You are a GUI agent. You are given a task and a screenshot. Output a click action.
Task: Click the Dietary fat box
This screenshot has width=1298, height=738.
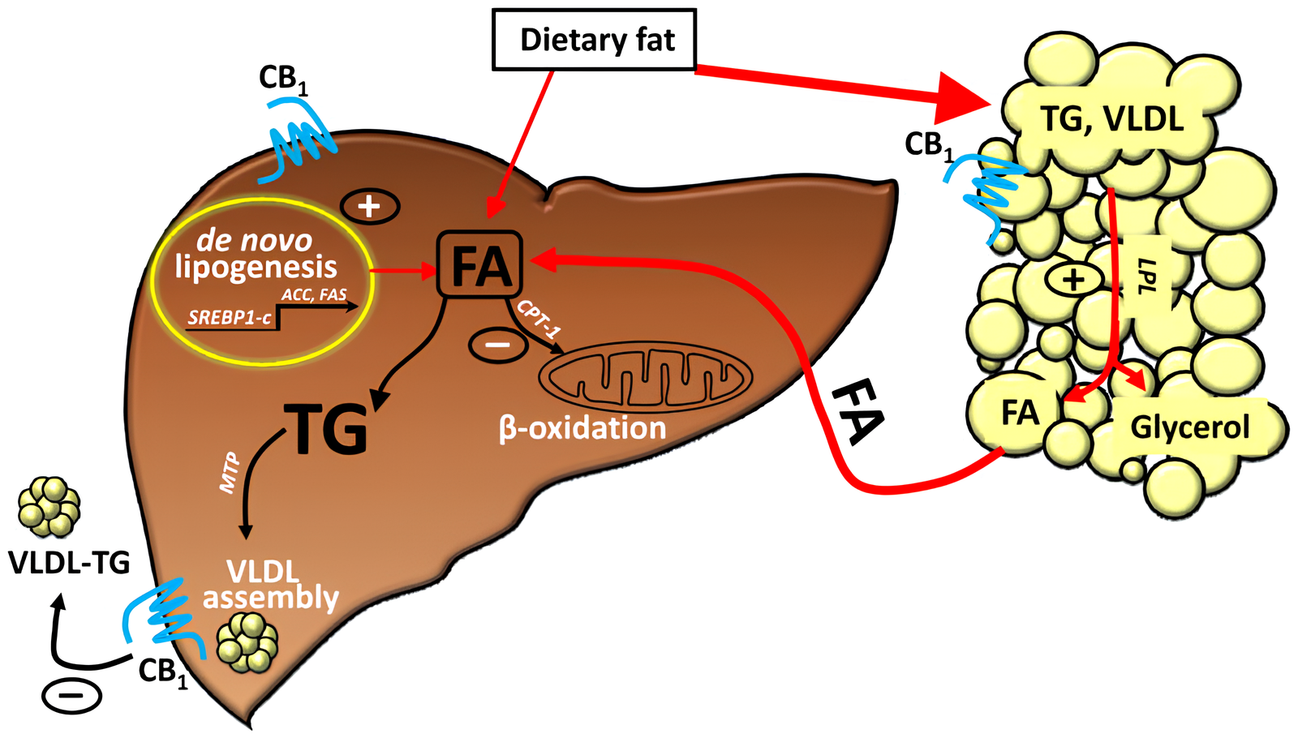coord(594,40)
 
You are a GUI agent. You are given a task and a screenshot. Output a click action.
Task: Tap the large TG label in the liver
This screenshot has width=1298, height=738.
coord(326,430)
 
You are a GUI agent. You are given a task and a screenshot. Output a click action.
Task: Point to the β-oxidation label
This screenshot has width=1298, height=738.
coord(582,427)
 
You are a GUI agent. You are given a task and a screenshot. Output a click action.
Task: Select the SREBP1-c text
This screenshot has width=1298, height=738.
coord(230,317)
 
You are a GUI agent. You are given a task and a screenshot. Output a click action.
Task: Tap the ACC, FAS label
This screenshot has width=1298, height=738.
coord(315,294)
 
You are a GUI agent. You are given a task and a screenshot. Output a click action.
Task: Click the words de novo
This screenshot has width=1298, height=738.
coord(255,240)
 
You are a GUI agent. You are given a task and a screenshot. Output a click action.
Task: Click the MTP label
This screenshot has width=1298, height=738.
coord(230,474)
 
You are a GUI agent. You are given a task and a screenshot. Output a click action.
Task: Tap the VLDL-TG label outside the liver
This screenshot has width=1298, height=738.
coord(69,562)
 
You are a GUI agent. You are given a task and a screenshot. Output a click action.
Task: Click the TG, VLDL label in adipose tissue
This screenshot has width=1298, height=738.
coord(1112,120)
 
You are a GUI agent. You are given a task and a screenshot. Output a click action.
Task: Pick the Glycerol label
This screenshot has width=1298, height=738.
coord(1190,427)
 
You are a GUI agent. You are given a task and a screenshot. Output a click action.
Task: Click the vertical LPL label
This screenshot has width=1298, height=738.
coord(1147,277)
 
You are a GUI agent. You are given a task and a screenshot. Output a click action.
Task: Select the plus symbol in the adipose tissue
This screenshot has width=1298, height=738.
coord(1074,280)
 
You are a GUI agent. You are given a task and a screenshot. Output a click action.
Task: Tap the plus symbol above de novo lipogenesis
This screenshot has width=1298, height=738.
coord(370,206)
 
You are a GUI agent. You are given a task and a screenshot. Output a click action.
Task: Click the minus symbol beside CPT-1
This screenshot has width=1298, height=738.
coord(498,345)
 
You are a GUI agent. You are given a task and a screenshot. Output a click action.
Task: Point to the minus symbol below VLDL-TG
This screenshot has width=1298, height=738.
coord(72,695)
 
